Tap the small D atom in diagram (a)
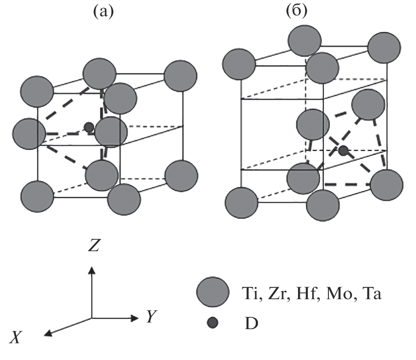point(89,127)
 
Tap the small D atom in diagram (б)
point(343,151)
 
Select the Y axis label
point(151,316)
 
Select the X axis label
point(16,338)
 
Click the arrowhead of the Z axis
point(92,269)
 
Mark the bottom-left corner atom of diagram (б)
point(241,203)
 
